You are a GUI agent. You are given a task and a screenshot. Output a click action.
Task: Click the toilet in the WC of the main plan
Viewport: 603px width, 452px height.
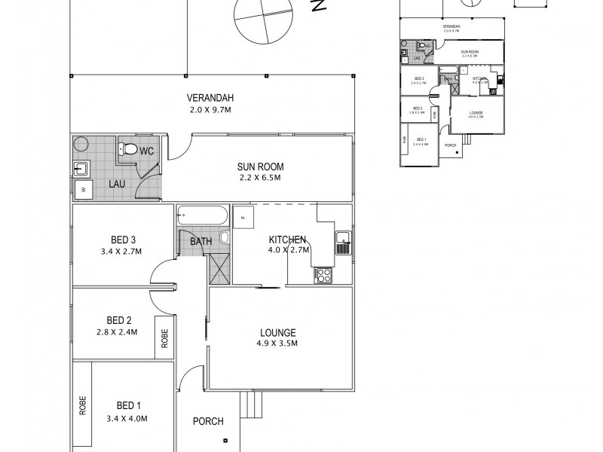point(130,150)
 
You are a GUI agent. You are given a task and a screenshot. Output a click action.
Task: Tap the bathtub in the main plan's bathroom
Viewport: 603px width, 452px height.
point(201,216)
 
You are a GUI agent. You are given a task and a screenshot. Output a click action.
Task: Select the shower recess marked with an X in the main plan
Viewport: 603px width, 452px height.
point(219,268)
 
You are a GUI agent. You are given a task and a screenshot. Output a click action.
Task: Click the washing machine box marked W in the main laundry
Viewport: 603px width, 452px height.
point(83,191)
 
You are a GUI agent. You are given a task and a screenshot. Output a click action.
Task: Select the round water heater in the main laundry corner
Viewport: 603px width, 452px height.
point(81,145)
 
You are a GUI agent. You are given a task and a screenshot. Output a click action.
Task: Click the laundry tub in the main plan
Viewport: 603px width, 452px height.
point(81,168)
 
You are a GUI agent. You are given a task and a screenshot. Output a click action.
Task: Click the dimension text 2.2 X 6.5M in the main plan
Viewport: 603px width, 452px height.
point(256,178)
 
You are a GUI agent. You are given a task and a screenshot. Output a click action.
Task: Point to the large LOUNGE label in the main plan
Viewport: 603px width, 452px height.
point(277,332)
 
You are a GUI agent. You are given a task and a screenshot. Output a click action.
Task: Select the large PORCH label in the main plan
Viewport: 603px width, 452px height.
point(208,421)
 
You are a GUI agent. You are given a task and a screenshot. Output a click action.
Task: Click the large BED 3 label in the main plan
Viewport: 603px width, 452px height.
point(121,240)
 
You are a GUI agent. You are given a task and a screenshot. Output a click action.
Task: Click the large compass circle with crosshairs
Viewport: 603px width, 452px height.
point(262,20)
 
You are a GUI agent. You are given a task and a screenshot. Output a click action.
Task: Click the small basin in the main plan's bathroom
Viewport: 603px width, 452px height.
point(224,238)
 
